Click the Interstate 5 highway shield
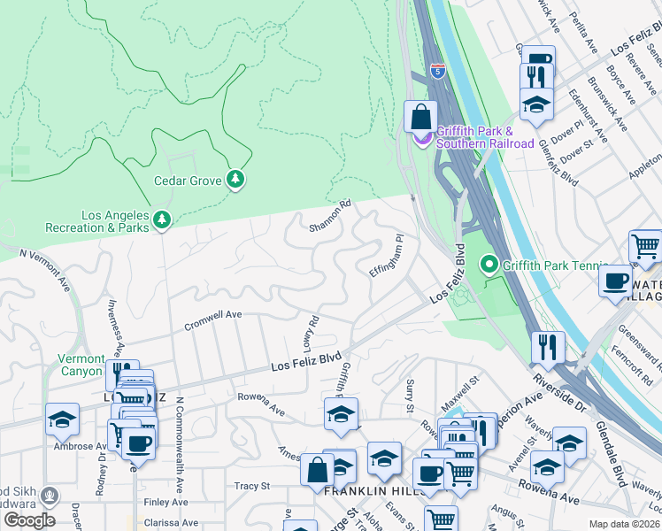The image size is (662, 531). click(x=437, y=71)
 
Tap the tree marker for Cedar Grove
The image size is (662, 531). click(x=235, y=181)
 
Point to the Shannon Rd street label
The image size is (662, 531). click(x=330, y=216)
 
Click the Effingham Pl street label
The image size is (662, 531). click(x=386, y=256)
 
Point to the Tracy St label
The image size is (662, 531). click(x=252, y=486)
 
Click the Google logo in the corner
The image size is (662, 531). click(x=28, y=519)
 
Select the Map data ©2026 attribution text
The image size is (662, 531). click(x=623, y=524)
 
